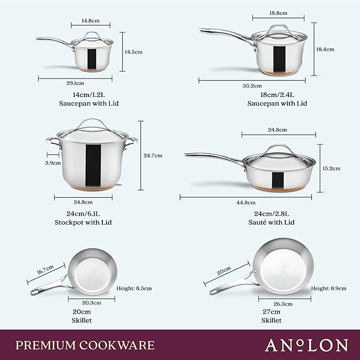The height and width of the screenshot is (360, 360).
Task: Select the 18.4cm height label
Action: tap(324, 49)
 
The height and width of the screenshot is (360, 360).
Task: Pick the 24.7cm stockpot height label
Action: tap(153, 155)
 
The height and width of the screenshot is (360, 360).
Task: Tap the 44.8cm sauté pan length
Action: tap(246, 202)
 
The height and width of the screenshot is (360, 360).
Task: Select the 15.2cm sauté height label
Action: tap(331, 168)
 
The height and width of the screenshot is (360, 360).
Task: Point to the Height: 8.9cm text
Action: tap(329, 288)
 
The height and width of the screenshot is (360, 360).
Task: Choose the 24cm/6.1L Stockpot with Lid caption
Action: tap(84, 218)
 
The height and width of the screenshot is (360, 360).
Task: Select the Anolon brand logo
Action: tap(306, 345)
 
